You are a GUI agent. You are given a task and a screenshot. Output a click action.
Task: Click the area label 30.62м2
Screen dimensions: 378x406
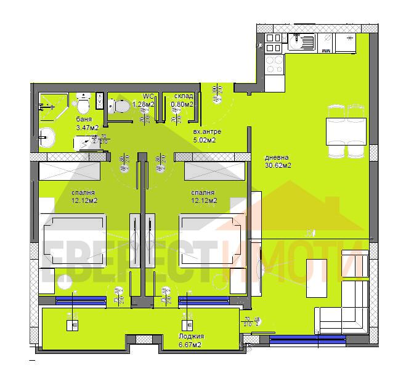pos(278,165)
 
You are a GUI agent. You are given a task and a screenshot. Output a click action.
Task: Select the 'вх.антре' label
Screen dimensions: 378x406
pos(203,132)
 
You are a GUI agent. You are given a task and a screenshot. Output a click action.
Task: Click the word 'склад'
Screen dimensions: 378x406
pos(183,96)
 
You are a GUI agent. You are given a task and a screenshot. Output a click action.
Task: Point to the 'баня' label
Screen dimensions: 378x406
pos(84,119)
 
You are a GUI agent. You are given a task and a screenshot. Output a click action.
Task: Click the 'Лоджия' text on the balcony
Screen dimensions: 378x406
pos(191,336)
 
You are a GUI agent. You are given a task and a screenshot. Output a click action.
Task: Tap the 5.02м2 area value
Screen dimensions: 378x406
pos(203,140)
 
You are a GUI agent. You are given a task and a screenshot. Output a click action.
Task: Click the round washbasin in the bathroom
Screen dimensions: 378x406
pos(47,136)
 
